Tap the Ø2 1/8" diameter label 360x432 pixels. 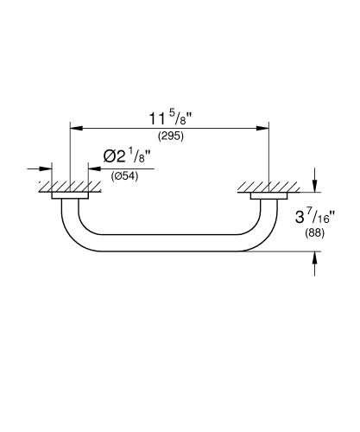coord(126,156)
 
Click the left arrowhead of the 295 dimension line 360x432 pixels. coord(75,128)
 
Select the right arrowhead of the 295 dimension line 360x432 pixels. coord(264,128)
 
